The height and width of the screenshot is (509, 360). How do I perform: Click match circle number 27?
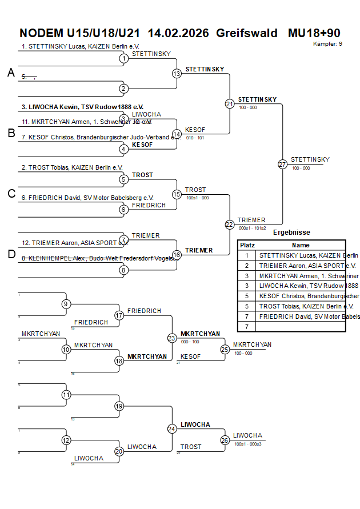pos(282,164)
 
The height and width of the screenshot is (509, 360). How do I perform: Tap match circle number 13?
pos(177,73)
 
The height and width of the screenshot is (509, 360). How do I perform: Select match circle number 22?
pos(229,225)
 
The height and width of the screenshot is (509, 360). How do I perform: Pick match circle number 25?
pos(225,349)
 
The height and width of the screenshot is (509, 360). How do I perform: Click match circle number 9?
pos(66,304)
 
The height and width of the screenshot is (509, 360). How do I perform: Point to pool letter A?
pos(11,73)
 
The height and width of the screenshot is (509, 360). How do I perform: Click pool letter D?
pos(11,254)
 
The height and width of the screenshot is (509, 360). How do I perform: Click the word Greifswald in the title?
pos(247,33)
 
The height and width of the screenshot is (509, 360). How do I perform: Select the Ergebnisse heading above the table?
pos(291,233)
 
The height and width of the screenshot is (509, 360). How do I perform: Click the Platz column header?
pos(247,245)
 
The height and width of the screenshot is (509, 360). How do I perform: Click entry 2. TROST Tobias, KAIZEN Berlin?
pos(72,167)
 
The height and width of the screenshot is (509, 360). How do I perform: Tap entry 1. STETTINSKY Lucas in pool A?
pos(80,46)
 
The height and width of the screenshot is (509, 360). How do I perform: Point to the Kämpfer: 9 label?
pos(328,43)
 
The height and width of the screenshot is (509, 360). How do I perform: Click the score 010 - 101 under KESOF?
pos(195,138)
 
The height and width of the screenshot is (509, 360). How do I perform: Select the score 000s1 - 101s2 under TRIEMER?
pos(252,228)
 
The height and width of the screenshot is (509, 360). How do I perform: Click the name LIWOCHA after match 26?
pos(247,435)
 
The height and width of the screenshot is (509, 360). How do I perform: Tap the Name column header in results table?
pos(301,245)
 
